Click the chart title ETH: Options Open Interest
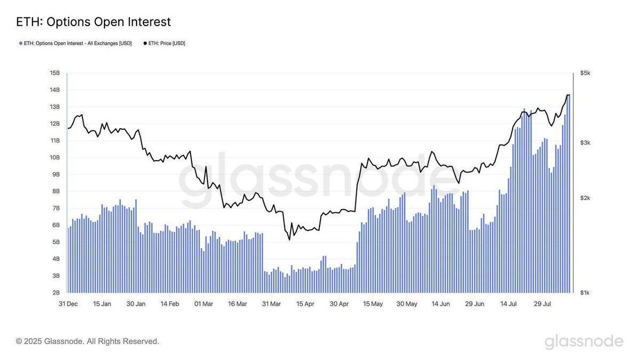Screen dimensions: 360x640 (x=93, y=22)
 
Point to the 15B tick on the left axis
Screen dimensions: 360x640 (x=54, y=73)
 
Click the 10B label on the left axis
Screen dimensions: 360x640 (x=54, y=157)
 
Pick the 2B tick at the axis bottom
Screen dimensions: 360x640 (x=55, y=293)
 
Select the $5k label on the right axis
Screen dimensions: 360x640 (x=585, y=73)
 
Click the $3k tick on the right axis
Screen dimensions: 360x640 (x=585, y=142)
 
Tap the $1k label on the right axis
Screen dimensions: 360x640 (x=585, y=293)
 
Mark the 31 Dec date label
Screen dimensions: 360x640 (x=68, y=304)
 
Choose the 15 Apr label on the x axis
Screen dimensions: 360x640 (x=306, y=304)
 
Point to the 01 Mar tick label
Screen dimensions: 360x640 (x=204, y=304)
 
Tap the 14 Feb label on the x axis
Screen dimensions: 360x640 (x=170, y=304)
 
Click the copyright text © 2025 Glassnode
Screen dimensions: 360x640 (x=87, y=341)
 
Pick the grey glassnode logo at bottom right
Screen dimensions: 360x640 (x=583, y=341)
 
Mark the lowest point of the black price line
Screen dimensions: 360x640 (x=289, y=239)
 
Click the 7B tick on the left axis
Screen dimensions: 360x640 (x=55, y=208)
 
